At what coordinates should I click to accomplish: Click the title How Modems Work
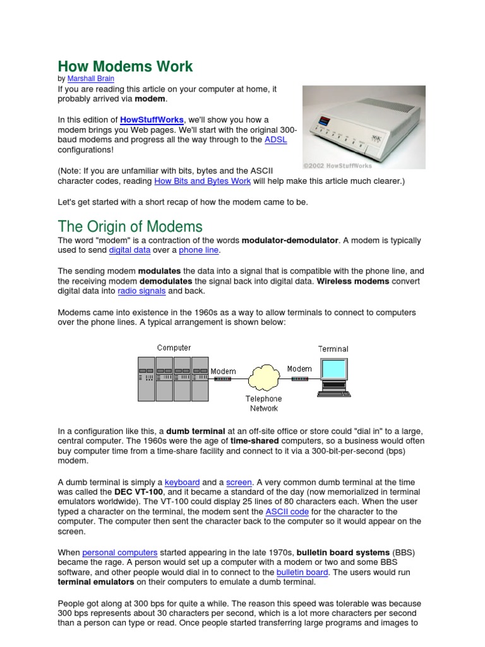point(125,66)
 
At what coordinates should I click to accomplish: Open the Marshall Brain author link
point(91,79)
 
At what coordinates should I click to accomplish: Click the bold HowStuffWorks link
point(152,119)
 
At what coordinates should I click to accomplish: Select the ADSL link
point(275,140)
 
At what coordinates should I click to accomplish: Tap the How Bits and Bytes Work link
point(203,181)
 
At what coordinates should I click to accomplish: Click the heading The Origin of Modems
point(130,226)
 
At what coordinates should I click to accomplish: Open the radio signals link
point(141,291)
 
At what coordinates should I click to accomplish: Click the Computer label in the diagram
point(174,348)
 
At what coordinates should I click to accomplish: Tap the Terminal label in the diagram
point(333,348)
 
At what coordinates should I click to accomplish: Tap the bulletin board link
point(302,572)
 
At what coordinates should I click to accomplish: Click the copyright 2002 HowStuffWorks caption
point(337,166)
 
